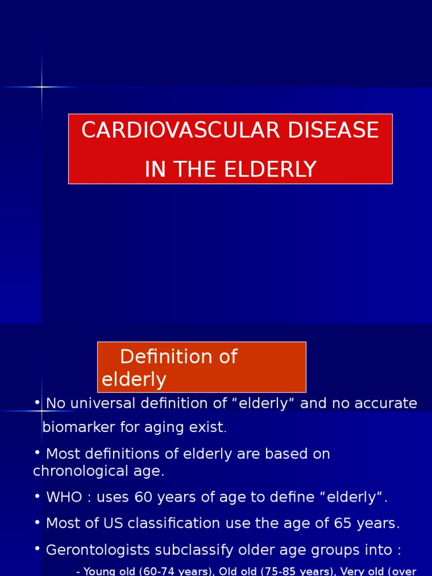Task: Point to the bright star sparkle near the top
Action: [x=42, y=87]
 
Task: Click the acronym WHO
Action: [x=63, y=497]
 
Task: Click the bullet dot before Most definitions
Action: [x=37, y=453]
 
